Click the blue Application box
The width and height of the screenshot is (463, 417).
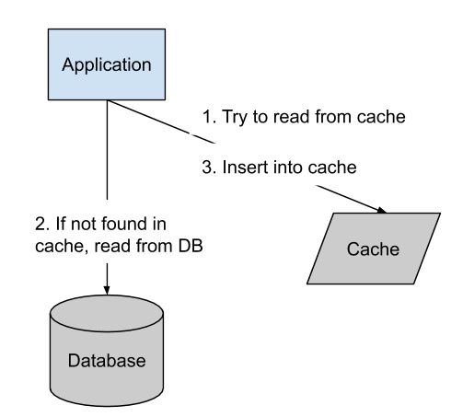(106, 64)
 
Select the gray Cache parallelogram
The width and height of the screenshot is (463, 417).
(372, 249)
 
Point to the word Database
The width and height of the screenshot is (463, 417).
(107, 360)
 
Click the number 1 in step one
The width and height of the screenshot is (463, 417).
(207, 119)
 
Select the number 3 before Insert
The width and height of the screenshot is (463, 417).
(207, 168)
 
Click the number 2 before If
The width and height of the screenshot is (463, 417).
(39, 225)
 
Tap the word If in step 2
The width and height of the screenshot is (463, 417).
(59, 225)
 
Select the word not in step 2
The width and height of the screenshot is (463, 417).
(83, 225)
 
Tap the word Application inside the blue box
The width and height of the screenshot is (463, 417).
(106, 65)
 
